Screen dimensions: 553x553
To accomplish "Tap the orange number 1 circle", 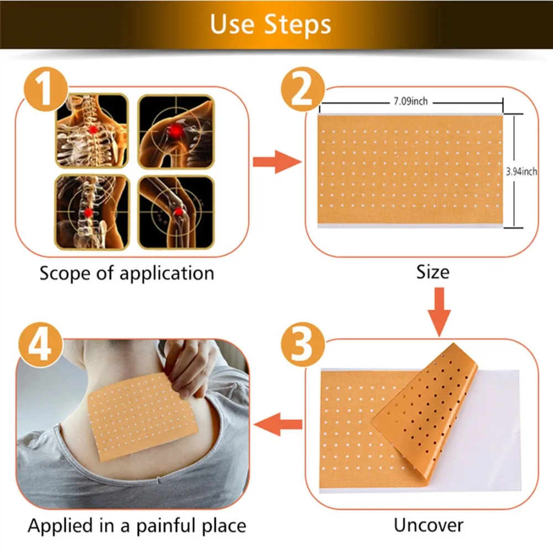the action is pos(46,89).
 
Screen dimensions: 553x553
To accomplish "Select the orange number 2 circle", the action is pos(302,89).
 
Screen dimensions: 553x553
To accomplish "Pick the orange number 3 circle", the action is pos(302,344).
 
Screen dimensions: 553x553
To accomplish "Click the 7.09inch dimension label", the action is pos(410,101).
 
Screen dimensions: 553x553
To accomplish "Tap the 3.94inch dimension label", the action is pos(521,171).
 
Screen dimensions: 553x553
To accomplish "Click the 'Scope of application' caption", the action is pos(127,273).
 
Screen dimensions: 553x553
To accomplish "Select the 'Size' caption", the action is pos(433,272).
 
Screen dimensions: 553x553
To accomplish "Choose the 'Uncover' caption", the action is pos(429,525).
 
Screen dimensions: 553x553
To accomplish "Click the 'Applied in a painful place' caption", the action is pos(137,526).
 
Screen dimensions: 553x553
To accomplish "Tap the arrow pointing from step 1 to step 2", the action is pos(277,162).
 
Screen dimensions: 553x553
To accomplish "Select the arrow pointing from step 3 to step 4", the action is pos(278,424).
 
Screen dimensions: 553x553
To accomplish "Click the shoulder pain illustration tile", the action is pos(176,132).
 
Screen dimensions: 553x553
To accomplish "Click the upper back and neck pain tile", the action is pos(92,131).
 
